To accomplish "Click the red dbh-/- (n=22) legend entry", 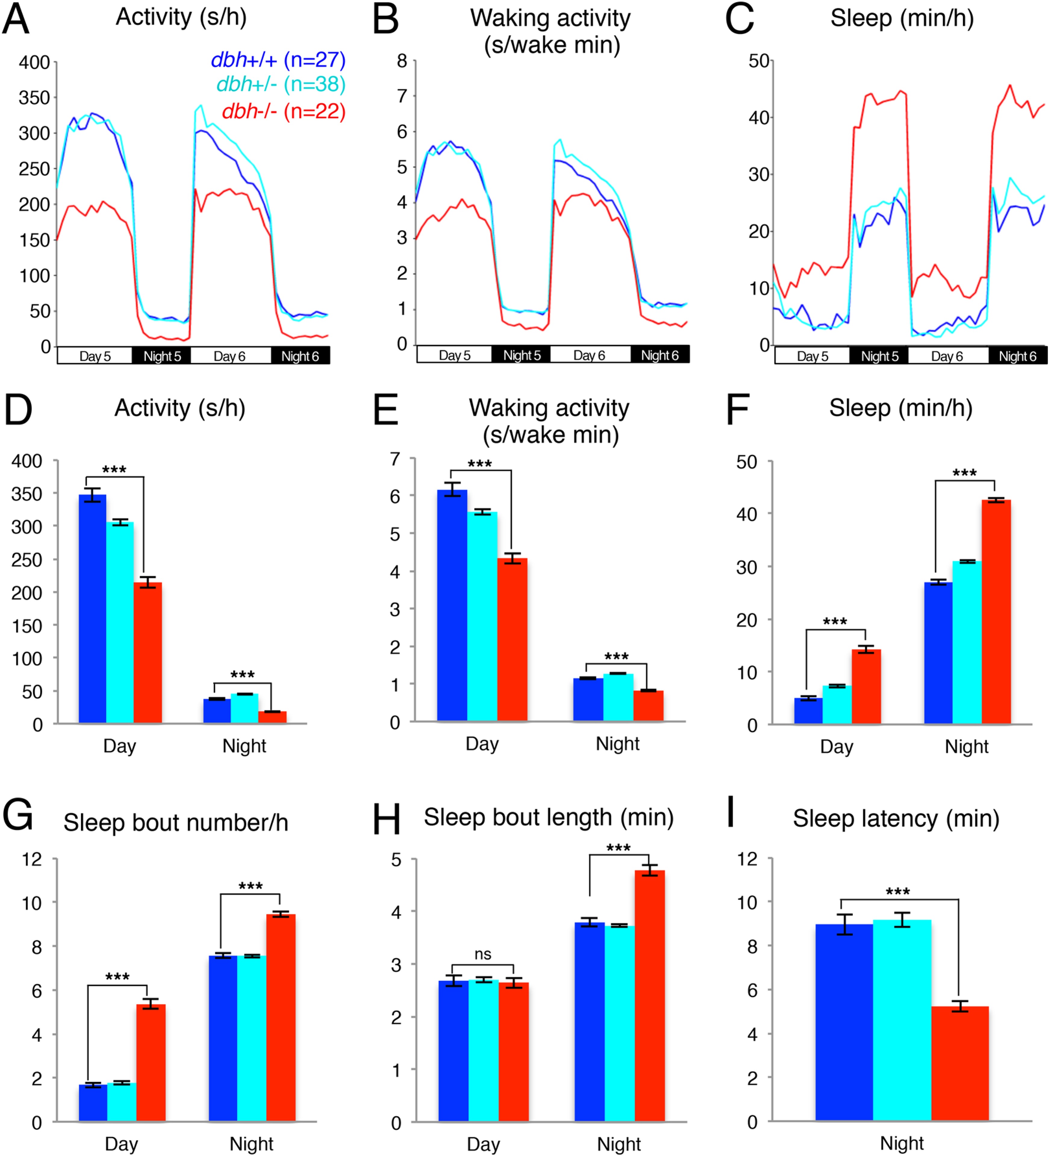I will [284, 111].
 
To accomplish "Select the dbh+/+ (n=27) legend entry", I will [278, 60].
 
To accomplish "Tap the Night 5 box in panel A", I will [162, 356].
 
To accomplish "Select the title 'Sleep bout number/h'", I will [176, 822].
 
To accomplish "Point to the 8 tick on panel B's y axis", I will [402, 61].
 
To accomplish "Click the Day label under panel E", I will [482, 744].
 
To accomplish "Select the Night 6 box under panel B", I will [660, 355].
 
